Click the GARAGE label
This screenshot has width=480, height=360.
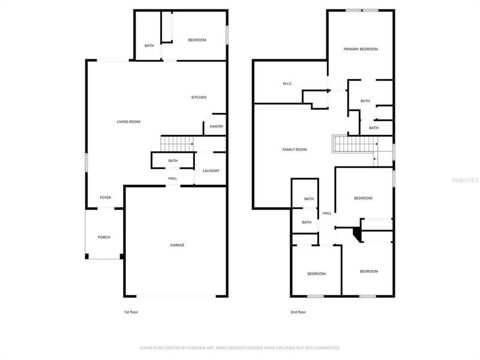pos(177,245)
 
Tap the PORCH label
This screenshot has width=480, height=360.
pos(104,237)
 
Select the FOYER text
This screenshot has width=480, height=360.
pos(105,197)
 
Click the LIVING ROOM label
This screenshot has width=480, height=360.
pos(128,122)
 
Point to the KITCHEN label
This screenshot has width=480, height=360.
pos(199,97)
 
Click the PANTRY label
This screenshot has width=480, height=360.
pos(215,127)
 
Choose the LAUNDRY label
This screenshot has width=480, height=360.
pos(211,170)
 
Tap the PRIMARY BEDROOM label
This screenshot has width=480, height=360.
pos(360,49)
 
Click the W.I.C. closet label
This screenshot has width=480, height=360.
pos(287,83)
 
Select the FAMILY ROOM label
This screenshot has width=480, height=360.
pos(295,149)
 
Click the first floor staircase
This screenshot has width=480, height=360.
pos(177,144)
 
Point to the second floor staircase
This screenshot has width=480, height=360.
pos(353,144)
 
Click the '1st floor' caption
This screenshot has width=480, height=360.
pos(130,312)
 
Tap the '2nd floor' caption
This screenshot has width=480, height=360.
pos(298,312)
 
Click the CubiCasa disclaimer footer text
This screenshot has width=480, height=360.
pos(240,347)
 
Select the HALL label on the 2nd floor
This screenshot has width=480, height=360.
pos(327,213)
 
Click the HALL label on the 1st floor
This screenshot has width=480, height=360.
pos(172,178)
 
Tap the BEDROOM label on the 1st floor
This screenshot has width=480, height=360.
pos(197,40)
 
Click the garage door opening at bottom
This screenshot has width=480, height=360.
pos(176,296)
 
